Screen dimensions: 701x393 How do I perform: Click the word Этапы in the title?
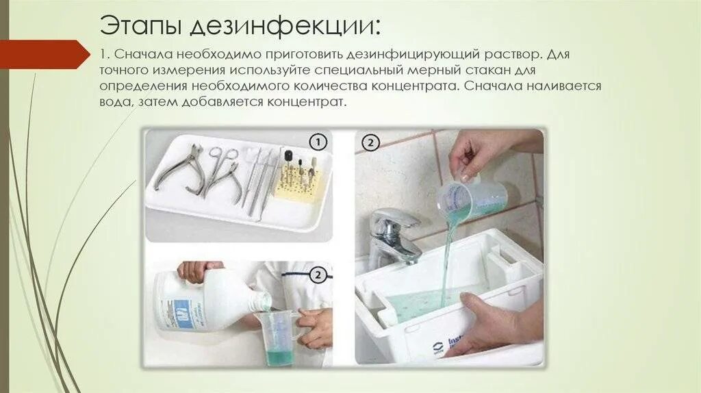[140, 25]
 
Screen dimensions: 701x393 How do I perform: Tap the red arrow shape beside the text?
[44, 53]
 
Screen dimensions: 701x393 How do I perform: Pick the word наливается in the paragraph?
[563, 86]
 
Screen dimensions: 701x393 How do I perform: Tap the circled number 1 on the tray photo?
[318, 142]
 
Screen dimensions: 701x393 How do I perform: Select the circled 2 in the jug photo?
[318, 275]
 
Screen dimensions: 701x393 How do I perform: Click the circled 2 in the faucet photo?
[370, 143]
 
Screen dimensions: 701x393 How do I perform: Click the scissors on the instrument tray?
[221, 172]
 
